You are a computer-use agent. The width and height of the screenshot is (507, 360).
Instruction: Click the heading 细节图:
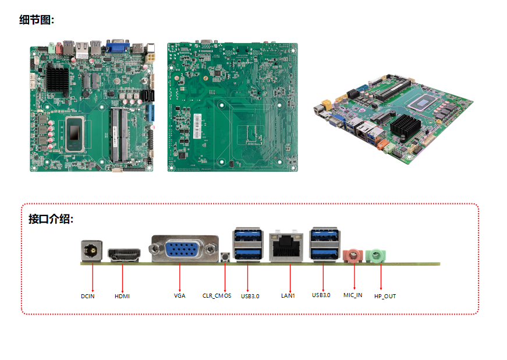37,20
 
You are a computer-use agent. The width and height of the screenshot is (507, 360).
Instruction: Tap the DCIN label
88,296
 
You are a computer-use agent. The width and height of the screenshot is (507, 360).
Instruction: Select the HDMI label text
122,296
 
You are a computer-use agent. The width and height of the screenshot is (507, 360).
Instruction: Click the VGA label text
179,296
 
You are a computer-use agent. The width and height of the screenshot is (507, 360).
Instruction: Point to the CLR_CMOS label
217,296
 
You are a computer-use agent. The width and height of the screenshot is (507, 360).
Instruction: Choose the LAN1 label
288,296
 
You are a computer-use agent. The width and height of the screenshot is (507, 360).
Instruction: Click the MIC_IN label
353,295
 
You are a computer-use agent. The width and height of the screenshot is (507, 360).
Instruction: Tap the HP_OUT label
385,296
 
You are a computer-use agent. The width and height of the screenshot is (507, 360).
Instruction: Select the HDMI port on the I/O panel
124,255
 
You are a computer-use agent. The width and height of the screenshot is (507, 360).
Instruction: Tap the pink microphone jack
353,255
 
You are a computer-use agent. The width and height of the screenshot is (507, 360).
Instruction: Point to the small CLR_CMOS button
225,257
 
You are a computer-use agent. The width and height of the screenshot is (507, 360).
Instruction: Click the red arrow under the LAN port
290,276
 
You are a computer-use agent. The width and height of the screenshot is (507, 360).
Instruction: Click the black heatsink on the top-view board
58,77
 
